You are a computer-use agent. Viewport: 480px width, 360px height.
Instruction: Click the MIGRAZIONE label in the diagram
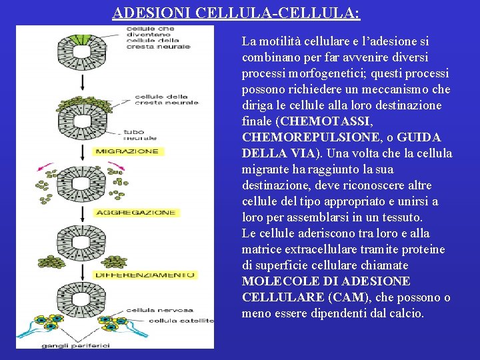click(x=127, y=151)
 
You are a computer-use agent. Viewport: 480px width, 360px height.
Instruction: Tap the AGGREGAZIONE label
click(x=135, y=213)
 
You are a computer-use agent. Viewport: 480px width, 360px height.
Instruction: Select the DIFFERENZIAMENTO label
click(x=144, y=274)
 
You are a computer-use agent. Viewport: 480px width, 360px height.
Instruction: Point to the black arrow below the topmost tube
click(x=83, y=82)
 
